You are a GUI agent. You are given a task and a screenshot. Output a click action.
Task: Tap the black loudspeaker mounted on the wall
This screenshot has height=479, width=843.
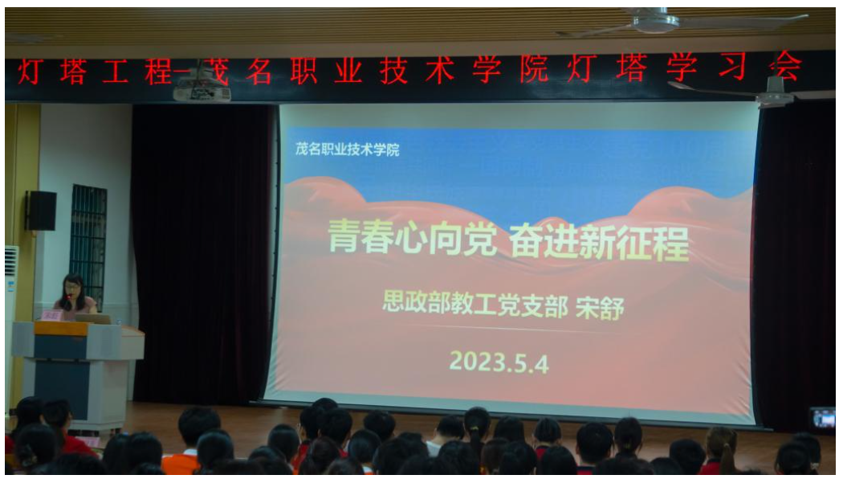[x=42, y=211]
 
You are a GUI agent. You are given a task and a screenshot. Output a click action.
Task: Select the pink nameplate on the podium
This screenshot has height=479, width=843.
[x=51, y=315]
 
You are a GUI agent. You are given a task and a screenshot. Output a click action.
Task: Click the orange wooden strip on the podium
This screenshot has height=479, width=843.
[x=61, y=328]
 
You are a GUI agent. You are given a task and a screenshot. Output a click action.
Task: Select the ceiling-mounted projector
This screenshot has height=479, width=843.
[x=202, y=89]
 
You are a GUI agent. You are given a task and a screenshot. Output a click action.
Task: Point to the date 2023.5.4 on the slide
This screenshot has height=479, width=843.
[x=499, y=362]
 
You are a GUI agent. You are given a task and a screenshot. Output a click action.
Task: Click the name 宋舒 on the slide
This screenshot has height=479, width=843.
[x=600, y=308]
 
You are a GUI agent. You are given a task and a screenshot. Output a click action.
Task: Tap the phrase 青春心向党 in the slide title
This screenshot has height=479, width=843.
[x=413, y=237]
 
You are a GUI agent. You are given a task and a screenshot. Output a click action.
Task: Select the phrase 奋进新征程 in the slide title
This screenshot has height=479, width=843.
[x=599, y=243]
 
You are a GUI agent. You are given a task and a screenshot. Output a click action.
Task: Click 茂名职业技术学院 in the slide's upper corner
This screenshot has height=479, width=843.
[x=348, y=149]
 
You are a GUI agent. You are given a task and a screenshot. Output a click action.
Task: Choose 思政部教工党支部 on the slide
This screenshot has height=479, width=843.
[x=475, y=302]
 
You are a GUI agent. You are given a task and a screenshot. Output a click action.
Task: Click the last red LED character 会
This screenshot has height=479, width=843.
[x=785, y=67]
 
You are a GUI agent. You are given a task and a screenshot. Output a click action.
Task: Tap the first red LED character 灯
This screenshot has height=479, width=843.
[x=30, y=71]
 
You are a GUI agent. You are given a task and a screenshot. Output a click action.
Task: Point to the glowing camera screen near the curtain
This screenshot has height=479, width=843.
[x=823, y=418]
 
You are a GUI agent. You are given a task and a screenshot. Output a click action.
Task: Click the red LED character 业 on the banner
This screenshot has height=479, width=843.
[x=348, y=70]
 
